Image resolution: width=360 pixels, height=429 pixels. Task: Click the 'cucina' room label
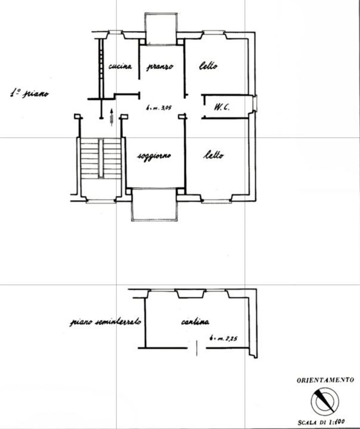[120, 66]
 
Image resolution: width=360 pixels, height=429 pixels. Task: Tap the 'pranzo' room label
[160, 67]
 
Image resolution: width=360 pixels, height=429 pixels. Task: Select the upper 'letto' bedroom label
[209, 66]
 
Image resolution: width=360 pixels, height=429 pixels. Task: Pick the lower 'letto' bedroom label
[213, 155]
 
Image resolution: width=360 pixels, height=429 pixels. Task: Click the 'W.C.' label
[222, 107]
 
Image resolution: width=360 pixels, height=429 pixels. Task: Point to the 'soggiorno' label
[154, 156]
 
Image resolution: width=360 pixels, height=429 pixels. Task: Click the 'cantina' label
[195, 322]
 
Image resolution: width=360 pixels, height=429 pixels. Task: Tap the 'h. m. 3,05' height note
[159, 107]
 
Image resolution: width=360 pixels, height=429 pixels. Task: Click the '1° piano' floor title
[29, 94]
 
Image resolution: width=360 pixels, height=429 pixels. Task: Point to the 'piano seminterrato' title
[105, 322]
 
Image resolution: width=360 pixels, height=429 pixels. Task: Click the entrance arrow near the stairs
[111, 117]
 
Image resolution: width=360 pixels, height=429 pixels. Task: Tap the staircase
[101, 158]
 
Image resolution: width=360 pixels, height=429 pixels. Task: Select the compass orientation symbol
[325, 402]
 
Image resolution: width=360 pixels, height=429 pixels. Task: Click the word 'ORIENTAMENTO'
[325, 380]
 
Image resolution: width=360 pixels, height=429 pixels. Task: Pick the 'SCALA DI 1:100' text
[321, 422]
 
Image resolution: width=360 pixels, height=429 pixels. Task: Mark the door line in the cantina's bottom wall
[197, 348]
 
